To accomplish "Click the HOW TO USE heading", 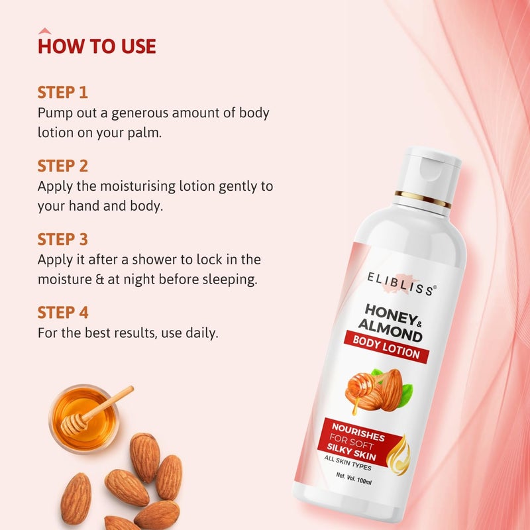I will [97, 46].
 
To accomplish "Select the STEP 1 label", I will [63, 92].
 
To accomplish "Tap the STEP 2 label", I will [63, 166].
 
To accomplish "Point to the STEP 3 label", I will [63, 239].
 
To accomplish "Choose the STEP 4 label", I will [63, 313].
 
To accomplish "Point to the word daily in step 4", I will [200, 333].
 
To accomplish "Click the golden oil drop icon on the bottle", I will [398, 456].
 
